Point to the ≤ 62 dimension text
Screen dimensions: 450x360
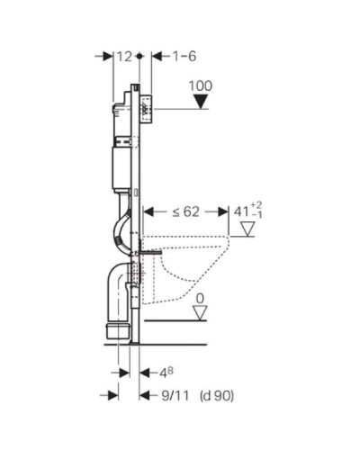185,212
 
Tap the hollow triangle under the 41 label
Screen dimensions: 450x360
246,231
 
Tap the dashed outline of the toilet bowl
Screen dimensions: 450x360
193,270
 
